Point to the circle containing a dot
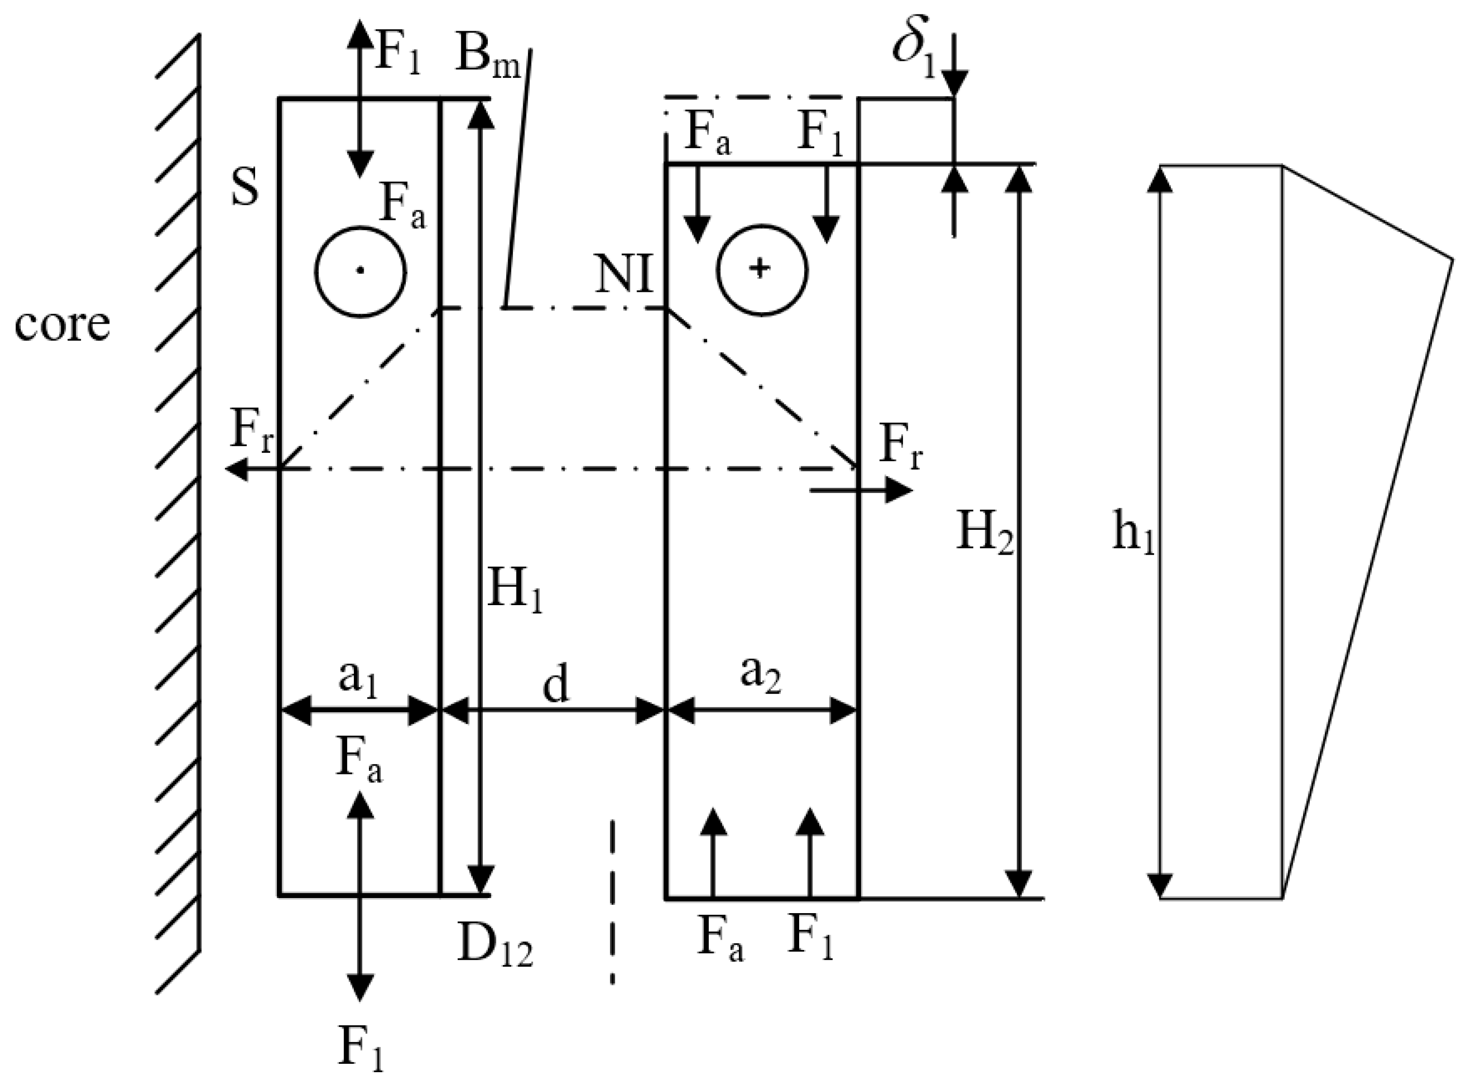pyautogui.click(x=360, y=272)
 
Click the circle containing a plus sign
pyautogui.click(x=761, y=270)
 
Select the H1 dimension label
pyautogui.click(x=515, y=588)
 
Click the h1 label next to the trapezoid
pyautogui.click(x=1133, y=533)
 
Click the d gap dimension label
pyautogui.click(x=555, y=686)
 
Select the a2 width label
pyautogui.click(x=760, y=675)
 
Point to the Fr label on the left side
pyautogui.click(x=250, y=433)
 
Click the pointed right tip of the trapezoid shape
pyautogui.click(x=1452, y=260)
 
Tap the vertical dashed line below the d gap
pyautogui.click(x=613, y=901)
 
